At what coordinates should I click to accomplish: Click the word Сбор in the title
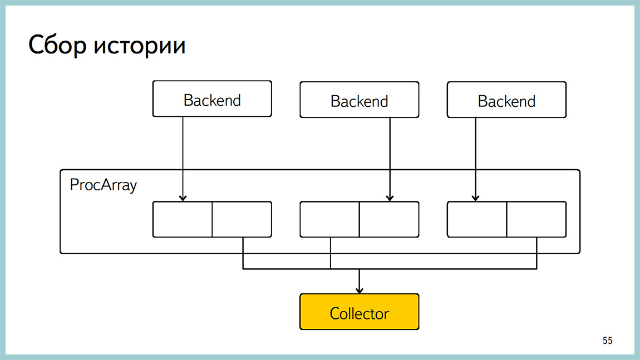click(57, 46)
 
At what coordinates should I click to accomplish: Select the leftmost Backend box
click(212, 99)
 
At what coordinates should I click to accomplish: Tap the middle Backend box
click(359, 100)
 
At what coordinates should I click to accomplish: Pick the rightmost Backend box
click(506, 100)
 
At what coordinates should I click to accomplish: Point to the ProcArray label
click(103, 185)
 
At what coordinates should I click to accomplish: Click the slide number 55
click(607, 341)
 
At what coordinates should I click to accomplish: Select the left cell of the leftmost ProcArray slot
click(183, 219)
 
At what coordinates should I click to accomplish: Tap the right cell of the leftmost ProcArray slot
click(242, 219)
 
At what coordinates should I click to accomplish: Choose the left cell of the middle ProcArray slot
click(329, 219)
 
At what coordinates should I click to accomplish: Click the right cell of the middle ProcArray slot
click(388, 219)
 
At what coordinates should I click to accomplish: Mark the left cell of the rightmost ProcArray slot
click(477, 219)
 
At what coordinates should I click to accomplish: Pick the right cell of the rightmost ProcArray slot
click(536, 219)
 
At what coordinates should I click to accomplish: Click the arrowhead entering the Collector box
click(359, 290)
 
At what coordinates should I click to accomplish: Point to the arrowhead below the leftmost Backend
click(183, 198)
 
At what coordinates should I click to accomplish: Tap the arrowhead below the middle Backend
click(390, 198)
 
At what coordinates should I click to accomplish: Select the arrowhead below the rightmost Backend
click(475, 198)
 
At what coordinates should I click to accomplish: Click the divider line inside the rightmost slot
click(506, 219)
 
